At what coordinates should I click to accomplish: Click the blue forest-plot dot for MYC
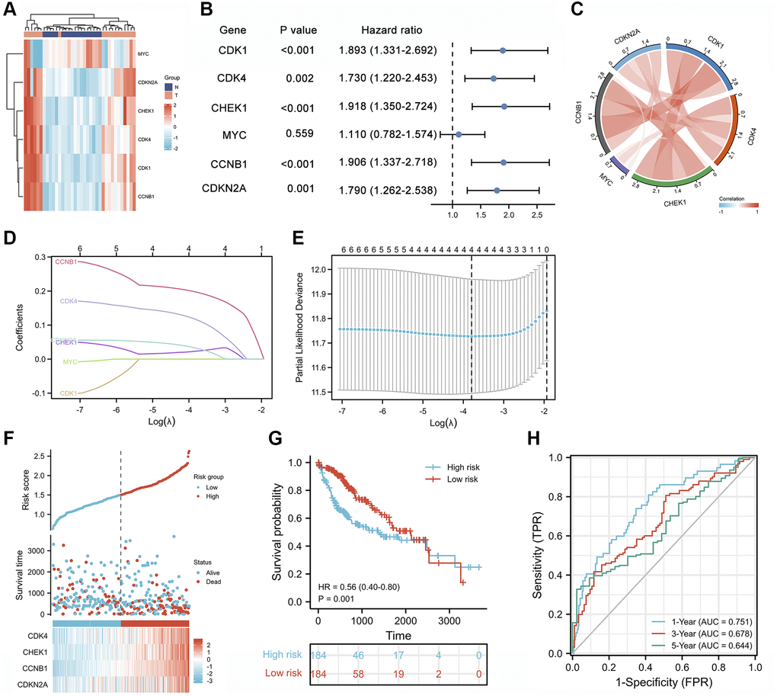458,134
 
